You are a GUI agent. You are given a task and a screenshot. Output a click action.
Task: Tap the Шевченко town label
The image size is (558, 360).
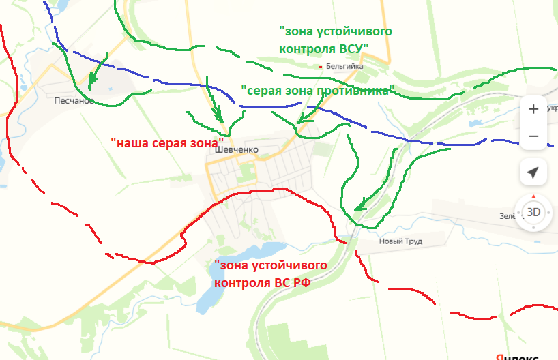click(x=235, y=151)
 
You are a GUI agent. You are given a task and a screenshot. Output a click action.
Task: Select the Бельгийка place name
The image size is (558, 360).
click(x=344, y=67)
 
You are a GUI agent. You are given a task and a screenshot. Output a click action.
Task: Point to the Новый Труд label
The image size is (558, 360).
click(x=401, y=241)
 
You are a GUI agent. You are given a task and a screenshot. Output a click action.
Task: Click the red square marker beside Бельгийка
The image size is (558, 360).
click(x=321, y=67)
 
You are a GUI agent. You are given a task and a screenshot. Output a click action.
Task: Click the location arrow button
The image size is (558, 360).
click(x=533, y=172)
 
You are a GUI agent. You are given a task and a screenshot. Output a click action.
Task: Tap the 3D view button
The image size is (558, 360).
click(x=533, y=212)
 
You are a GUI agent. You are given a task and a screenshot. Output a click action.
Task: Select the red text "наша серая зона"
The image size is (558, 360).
click(x=168, y=144)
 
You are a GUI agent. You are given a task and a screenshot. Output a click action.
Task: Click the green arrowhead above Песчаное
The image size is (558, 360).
click(x=92, y=79)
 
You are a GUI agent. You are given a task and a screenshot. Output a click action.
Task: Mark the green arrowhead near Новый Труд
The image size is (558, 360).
click(x=359, y=205)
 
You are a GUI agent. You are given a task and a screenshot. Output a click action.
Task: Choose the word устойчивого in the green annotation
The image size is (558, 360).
click(x=350, y=31)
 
